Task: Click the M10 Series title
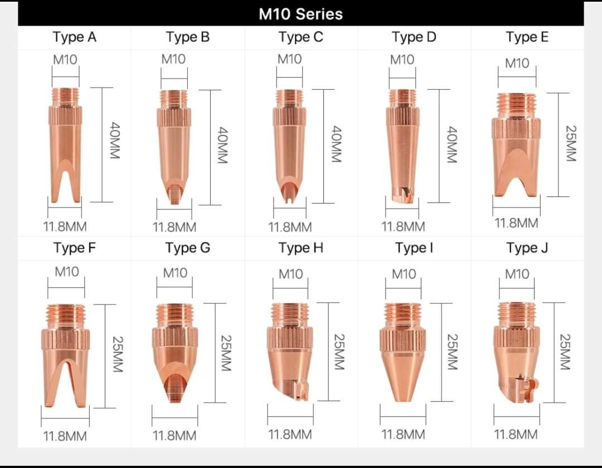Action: (300, 14)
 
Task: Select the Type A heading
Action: (75, 37)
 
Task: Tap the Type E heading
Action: (527, 37)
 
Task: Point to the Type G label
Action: (188, 248)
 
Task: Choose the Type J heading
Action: (527, 248)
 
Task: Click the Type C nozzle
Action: (289, 146)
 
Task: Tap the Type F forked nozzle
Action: (65, 355)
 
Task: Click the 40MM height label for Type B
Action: (222, 145)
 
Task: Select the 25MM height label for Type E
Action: (571, 143)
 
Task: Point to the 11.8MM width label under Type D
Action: (403, 226)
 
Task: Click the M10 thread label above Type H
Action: (290, 274)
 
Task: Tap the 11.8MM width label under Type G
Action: (174, 435)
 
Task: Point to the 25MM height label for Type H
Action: (339, 351)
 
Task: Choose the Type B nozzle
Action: (174, 147)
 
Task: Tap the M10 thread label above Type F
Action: (67, 272)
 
